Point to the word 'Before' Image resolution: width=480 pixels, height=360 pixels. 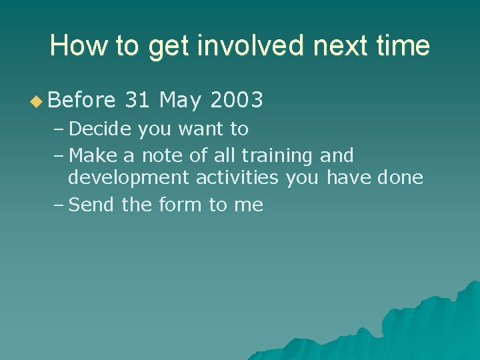tap(82, 101)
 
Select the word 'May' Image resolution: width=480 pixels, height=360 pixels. tap(180, 101)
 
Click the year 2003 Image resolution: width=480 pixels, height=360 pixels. tap(237, 101)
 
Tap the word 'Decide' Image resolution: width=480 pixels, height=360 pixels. tap(101, 128)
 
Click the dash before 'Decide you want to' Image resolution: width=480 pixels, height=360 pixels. tap(58, 129)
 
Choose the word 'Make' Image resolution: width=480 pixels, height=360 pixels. tap(93, 155)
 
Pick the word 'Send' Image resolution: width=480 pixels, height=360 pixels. tap(92, 205)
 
